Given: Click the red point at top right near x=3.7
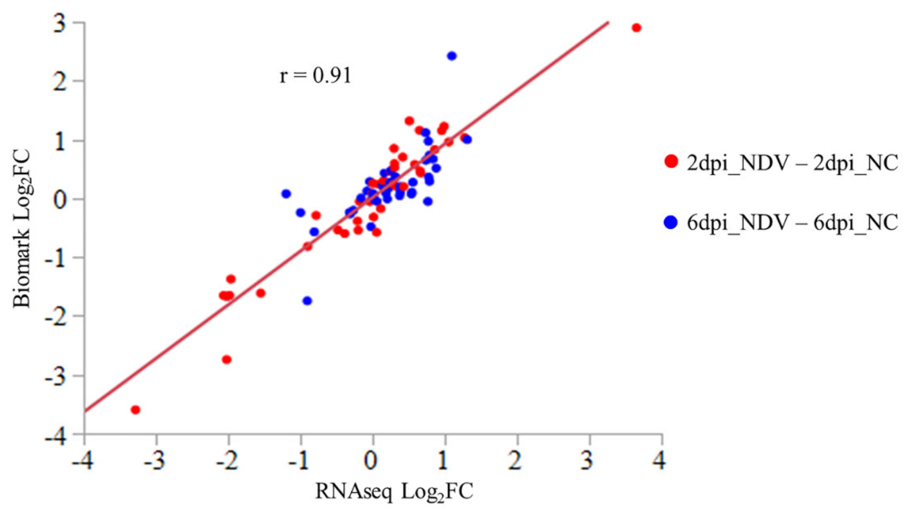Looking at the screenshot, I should tap(636, 28).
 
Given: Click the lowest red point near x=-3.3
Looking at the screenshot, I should tap(135, 410).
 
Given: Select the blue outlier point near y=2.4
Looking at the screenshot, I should tap(452, 56).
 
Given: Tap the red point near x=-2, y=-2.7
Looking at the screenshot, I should tap(227, 359).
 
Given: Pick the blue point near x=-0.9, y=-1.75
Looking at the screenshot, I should tap(307, 300).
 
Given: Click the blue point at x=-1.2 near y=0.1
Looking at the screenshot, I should tap(286, 194).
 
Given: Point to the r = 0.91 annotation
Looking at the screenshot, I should tap(315, 76).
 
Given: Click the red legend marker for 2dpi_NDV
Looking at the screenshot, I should tap(671, 161).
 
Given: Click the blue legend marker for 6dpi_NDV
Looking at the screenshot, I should tap(671, 223).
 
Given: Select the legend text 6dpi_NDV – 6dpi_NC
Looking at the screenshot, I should tap(792, 223).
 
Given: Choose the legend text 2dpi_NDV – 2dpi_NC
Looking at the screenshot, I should tap(792, 163).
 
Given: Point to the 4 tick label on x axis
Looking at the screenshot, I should tap(660, 460).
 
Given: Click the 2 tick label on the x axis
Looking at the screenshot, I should tap(515, 460).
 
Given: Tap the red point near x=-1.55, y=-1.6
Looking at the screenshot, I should tap(261, 293).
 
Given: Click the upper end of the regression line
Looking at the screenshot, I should tap(608, 23).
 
